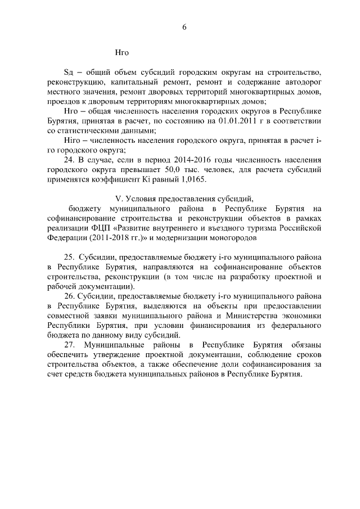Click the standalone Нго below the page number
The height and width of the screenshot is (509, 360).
coord(121,53)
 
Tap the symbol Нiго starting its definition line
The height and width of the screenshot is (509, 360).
coord(71,141)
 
